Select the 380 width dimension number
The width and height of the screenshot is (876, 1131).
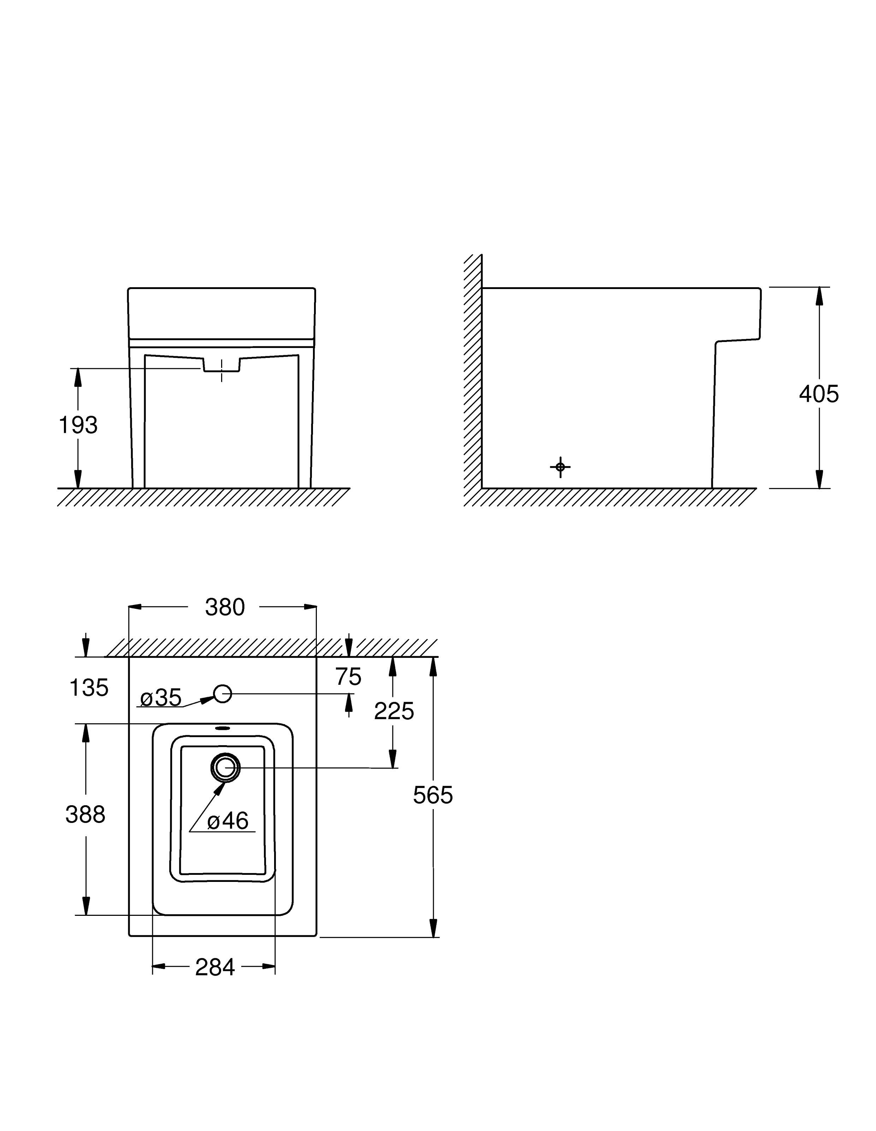(x=224, y=607)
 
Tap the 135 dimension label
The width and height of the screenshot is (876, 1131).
(x=89, y=688)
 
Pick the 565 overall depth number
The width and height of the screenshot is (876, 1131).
(x=433, y=795)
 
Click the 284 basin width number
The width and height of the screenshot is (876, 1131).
(x=215, y=967)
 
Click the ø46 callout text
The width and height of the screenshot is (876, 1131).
(x=228, y=820)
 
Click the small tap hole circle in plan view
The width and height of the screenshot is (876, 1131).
(x=223, y=694)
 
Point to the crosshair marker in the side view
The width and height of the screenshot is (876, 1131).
(x=560, y=467)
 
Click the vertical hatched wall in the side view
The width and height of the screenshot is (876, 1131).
(x=472, y=378)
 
